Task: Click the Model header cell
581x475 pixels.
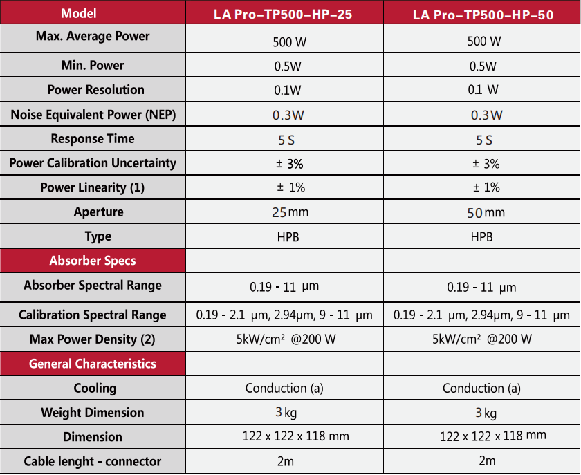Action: pyautogui.click(x=79, y=13)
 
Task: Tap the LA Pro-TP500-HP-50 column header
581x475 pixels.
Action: pyautogui.click(x=483, y=15)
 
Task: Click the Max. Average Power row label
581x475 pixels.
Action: pyautogui.click(x=93, y=36)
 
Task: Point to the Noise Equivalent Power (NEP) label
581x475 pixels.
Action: pyautogui.click(x=93, y=115)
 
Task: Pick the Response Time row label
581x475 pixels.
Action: pyautogui.click(x=93, y=139)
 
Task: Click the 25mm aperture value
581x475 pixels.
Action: pyautogui.click(x=290, y=212)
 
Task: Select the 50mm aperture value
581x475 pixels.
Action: pyautogui.click(x=486, y=213)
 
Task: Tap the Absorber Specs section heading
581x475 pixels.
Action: pyautogui.click(x=93, y=261)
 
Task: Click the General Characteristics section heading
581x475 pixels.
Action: pyautogui.click(x=93, y=364)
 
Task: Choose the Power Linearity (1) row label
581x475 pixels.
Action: pyautogui.click(x=93, y=187)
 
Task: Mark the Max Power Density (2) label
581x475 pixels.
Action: pyautogui.click(x=93, y=339)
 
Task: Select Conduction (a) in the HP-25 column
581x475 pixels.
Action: pyautogui.click(x=284, y=388)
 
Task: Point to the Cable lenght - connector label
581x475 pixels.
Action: pyautogui.click(x=93, y=461)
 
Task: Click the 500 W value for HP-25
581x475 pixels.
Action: pyautogui.click(x=290, y=41)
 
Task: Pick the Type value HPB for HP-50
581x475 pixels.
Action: pyautogui.click(x=481, y=236)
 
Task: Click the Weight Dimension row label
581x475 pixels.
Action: pyautogui.click(x=93, y=413)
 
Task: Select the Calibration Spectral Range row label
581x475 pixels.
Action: pyautogui.click(x=93, y=315)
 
